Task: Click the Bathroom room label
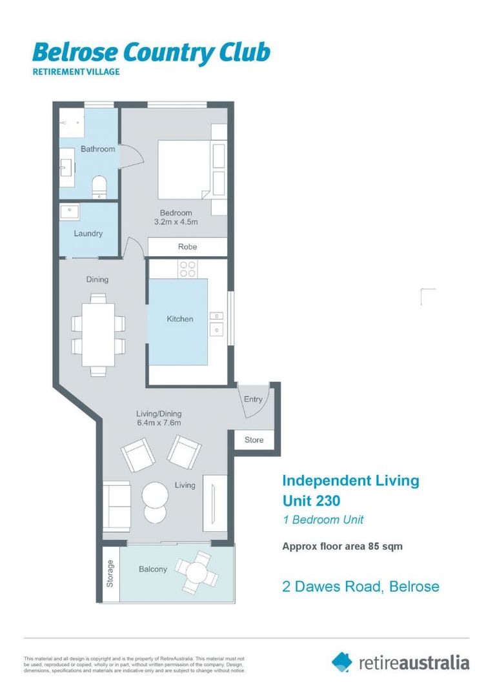97,149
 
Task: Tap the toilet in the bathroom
99,186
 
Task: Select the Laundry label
88,234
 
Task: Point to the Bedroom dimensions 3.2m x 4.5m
176,222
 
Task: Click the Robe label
187,247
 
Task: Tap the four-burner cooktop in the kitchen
187,268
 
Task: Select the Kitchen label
179,319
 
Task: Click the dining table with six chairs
98,334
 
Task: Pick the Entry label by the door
253,399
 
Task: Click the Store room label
254,440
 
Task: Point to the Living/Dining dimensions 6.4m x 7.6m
158,423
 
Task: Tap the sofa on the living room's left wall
117,506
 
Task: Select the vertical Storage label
110,573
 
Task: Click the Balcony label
153,569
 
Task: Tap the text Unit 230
311,500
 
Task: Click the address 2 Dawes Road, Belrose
361,587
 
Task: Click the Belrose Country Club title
151,53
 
